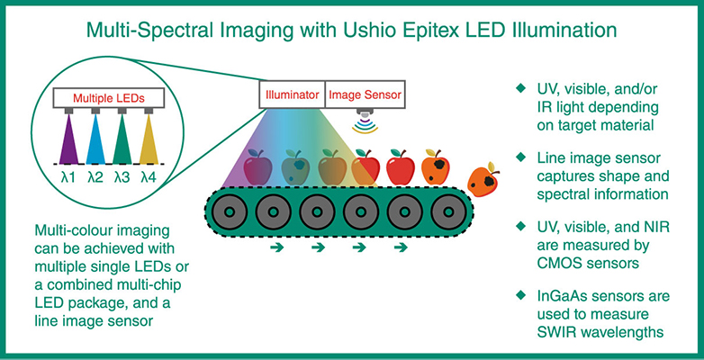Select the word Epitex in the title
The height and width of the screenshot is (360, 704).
[x=429, y=29]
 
